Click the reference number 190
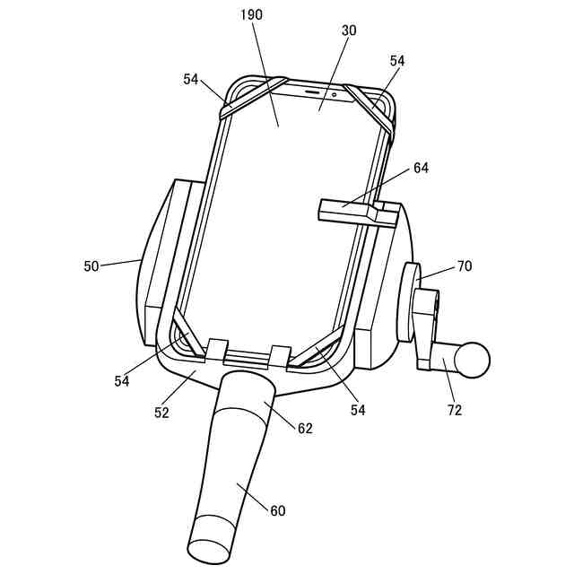pyautogui.click(x=252, y=16)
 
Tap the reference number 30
pyautogui.click(x=349, y=30)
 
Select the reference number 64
pyautogui.click(x=421, y=168)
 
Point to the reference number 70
pyautogui.click(x=464, y=266)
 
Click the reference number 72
pyautogui.click(x=455, y=410)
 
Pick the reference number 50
pyautogui.click(x=91, y=266)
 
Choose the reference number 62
pyautogui.click(x=305, y=429)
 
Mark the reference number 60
pyautogui.click(x=278, y=511)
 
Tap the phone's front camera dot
pyautogui.click(x=334, y=92)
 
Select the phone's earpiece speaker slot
pyautogui.click(x=313, y=91)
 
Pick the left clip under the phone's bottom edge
pyautogui.click(x=216, y=352)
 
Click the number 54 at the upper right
pyautogui.click(x=398, y=60)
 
